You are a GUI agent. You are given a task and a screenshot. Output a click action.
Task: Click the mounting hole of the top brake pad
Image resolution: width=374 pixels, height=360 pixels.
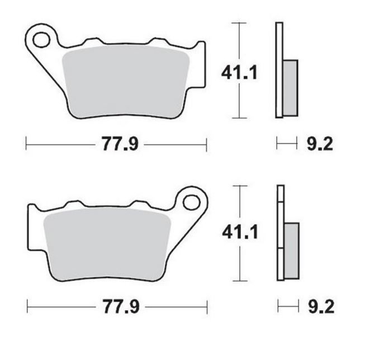click(x=41, y=40)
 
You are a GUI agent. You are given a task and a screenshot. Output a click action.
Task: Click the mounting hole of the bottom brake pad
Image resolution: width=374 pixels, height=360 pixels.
click(x=191, y=202)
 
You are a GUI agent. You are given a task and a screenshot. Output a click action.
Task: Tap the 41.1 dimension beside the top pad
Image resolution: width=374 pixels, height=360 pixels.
click(x=239, y=73)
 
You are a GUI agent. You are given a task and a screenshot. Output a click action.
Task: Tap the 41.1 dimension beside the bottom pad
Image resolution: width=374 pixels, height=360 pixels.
click(x=240, y=232)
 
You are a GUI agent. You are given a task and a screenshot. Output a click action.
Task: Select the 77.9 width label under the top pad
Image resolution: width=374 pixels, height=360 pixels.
click(x=120, y=144)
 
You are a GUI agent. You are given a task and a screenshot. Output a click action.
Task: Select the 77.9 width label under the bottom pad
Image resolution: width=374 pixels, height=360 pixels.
click(x=121, y=306)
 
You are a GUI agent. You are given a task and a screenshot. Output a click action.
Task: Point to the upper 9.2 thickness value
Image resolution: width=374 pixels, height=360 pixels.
click(x=320, y=144)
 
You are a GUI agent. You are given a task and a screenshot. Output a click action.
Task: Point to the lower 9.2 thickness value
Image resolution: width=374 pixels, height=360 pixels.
click(x=321, y=306)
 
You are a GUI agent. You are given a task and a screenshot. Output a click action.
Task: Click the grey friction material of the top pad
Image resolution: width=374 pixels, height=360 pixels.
click(x=126, y=82)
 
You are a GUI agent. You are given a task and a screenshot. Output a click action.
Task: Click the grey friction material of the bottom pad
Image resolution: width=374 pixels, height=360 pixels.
click(x=107, y=245)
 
